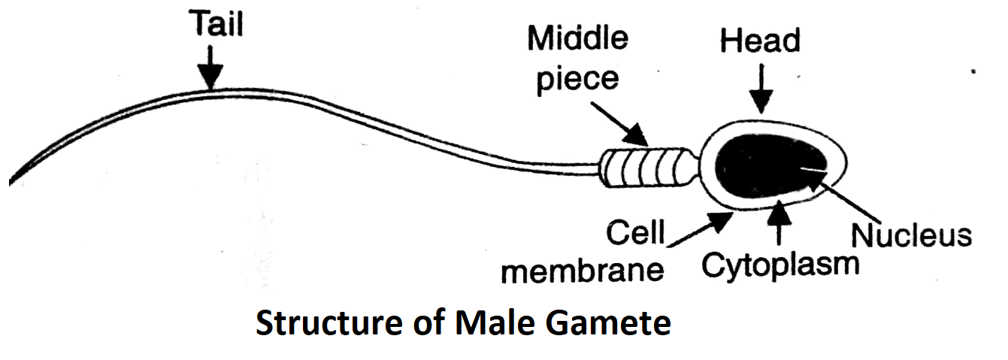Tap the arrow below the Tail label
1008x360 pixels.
(211, 68)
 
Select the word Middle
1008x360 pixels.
(577, 37)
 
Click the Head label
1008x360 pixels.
(760, 41)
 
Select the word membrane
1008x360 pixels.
(583, 270)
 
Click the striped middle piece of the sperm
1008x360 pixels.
(647, 168)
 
